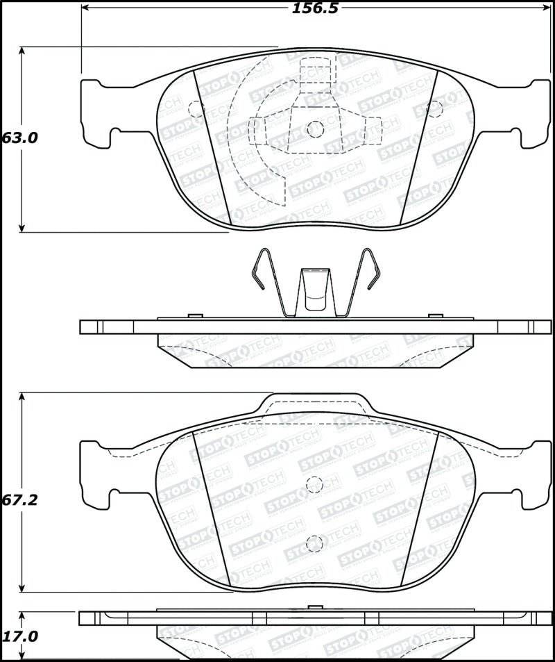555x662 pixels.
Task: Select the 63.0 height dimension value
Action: tap(19, 138)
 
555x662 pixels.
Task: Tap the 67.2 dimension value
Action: tap(19, 501)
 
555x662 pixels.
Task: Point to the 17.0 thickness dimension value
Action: tap(19, 636)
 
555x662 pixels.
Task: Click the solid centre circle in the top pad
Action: tap(316, 129)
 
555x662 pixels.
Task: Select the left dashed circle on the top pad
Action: tap(196, 108)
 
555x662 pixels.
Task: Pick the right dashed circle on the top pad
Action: tap(435, 108)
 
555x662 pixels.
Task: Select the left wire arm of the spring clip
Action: tap(267, 281)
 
